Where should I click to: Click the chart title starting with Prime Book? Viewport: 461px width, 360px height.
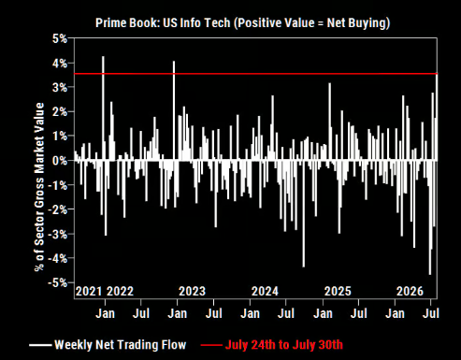(x=242, y=23)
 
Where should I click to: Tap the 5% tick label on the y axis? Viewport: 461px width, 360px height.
(x=60, y=39)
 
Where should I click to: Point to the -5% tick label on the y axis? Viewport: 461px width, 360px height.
(x=58, y=282)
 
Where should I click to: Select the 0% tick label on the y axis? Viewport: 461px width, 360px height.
(x=60, y=161)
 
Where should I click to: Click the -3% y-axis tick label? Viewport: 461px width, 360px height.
(x=58, y=234)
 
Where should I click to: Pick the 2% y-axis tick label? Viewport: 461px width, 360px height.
(x=60, y=112)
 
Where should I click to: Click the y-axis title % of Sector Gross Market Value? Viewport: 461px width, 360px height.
(x=39, y=187)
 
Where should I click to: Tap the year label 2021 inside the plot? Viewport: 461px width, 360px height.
(x=89, y=292)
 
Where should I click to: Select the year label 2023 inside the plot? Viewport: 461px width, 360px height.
(x=192, y=292)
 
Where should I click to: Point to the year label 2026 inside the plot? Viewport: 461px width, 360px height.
(x=410, y=292)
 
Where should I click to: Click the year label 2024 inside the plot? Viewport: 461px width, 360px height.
(x=265, y=292)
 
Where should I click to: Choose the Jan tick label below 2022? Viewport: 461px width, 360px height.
(x=105, y=313)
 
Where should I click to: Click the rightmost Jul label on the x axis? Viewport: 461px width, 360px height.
(x=431, y=313)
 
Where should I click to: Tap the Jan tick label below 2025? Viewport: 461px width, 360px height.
(x=323, y=313)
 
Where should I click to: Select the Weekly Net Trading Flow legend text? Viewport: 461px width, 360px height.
(x=121, y=345)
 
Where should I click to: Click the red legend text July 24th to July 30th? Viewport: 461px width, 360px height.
(x=284, y=345)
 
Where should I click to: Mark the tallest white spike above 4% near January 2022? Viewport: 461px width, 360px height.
(x=103, y=108)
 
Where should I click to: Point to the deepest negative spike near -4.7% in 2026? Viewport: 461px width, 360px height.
(x=429, y=218)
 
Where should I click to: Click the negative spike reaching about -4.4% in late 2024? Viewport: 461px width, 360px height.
(x=304, y=214)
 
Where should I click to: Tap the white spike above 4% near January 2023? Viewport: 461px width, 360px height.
(x=174, y=110)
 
